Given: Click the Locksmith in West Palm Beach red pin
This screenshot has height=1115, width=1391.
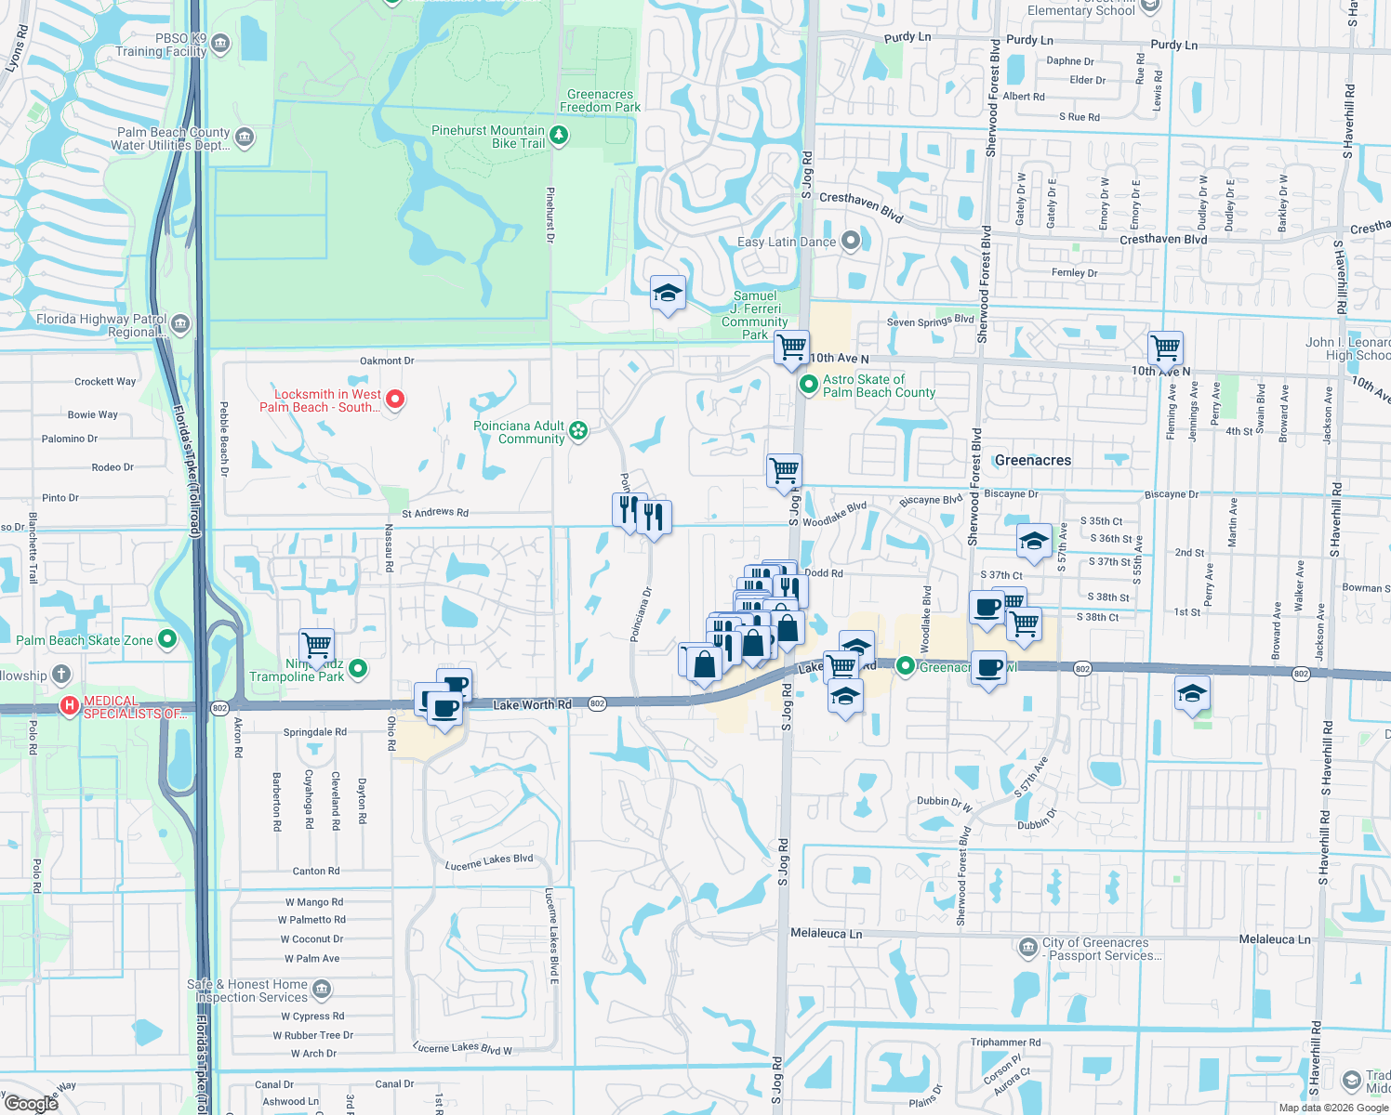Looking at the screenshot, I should [x=395, y=400].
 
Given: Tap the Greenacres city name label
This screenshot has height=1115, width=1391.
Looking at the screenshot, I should [x=1032, y=461].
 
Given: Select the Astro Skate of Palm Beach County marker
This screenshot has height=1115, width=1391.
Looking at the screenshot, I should [x=808, y=384].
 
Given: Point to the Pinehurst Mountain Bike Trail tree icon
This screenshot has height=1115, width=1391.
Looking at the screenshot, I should [x=559, y=137].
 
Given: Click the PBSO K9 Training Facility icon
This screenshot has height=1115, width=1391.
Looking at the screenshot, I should [x=220, y=43].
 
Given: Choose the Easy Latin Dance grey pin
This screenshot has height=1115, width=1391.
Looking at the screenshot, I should [x=850, y=242].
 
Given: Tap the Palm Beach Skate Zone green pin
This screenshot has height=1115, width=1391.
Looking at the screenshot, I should [x=167, y=639].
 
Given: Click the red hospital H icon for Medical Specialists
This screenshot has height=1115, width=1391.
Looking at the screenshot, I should [x=69, y=706].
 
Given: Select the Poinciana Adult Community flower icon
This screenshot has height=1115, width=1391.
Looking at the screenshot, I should [x=578, y=430].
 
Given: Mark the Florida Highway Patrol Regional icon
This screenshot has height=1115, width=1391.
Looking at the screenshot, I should [x=180, y=324].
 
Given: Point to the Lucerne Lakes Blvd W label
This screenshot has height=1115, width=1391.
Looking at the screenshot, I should [x=462, y=1048].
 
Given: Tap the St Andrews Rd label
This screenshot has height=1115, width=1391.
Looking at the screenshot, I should [x=435, y=513].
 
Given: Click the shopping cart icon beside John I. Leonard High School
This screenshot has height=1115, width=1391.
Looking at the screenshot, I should [x=1165, y=349].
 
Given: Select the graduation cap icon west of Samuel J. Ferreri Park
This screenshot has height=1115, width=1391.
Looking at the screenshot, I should [x=668, y=295].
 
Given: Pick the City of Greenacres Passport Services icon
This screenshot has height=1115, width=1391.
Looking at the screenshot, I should [x=1027, y=948].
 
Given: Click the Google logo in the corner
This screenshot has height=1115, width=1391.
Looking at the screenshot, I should [x=31, y=1104].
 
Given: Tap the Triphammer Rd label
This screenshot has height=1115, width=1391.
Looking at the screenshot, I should [x=1005, y=1043].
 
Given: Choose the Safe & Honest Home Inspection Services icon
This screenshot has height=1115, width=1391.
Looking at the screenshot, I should [x=322, y=989].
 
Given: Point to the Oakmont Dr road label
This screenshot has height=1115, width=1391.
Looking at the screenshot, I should [x=387, y=361].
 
